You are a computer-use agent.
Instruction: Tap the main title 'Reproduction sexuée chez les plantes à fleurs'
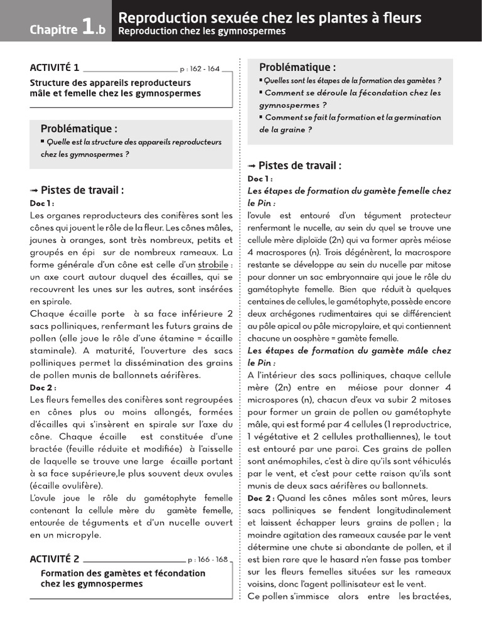270,18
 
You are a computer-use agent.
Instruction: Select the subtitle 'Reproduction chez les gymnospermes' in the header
201,31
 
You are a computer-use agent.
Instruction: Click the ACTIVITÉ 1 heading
55,68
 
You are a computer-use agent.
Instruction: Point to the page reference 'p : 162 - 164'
200,69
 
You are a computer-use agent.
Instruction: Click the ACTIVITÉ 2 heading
55,559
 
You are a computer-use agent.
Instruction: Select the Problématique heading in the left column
79,129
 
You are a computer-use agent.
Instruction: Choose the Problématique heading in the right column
297,67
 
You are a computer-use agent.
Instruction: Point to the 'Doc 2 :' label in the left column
43,387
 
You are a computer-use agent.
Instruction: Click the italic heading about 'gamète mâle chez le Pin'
349,356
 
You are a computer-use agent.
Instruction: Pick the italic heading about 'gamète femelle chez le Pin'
349,197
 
